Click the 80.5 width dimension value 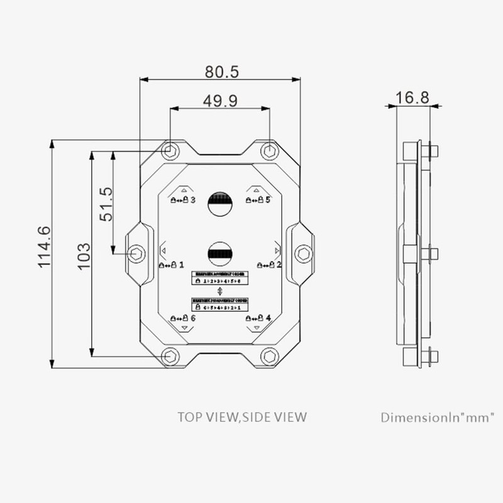tap(221, 72)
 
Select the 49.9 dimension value tap(220, 101)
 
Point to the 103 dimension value tap(84, 256)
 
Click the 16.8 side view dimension tap(412, 97)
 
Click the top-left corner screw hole tap(170, 151)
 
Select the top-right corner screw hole tap(270, 151)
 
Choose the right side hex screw tap(304, 253)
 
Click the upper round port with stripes tap(220, 204)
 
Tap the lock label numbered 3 tap(183, 200)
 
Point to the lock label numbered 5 tap(258, 200)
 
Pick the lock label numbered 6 tap(183, 319)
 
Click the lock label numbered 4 tap(258, 318)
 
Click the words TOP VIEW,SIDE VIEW tap(242, 416)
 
